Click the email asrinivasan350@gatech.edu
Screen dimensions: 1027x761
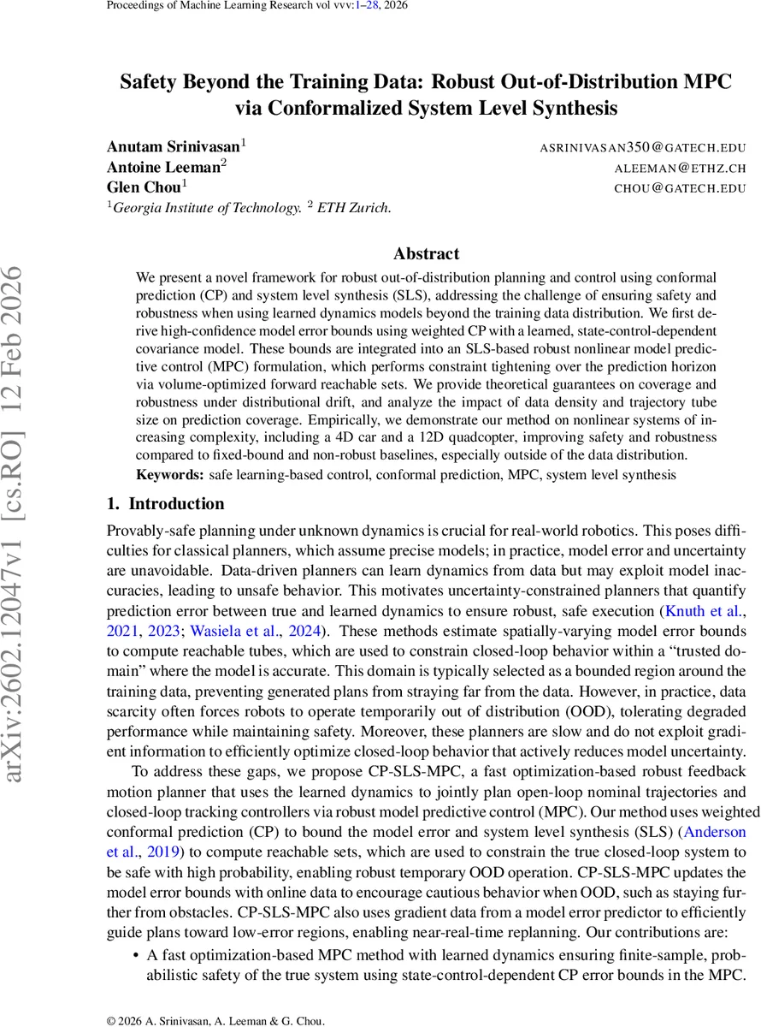click(642, 147)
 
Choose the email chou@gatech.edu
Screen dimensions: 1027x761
click(681, 188)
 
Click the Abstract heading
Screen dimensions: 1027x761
click(426, 254)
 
